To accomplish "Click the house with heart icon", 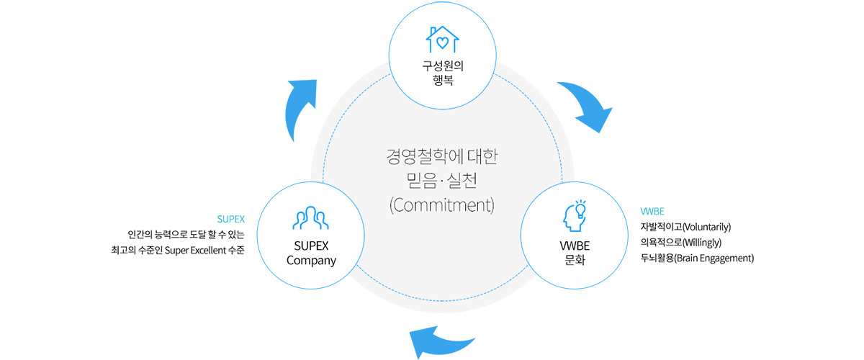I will point(442,39).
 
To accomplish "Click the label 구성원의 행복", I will point(442,74).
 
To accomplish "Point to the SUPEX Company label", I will point(312,253).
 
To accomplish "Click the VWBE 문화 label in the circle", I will point(574,253).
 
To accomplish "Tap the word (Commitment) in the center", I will point(441,204).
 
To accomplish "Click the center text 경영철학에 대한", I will point(441,155).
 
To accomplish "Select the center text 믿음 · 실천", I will point(441,179).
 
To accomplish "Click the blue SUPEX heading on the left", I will point(231,218).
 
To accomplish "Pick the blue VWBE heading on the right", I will point(652,212).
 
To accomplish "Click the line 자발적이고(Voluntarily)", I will point(685,228).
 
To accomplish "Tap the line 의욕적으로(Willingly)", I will point(680,243).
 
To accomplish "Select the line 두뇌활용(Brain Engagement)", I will point(696,258).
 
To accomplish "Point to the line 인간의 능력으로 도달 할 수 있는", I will point(186,234).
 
